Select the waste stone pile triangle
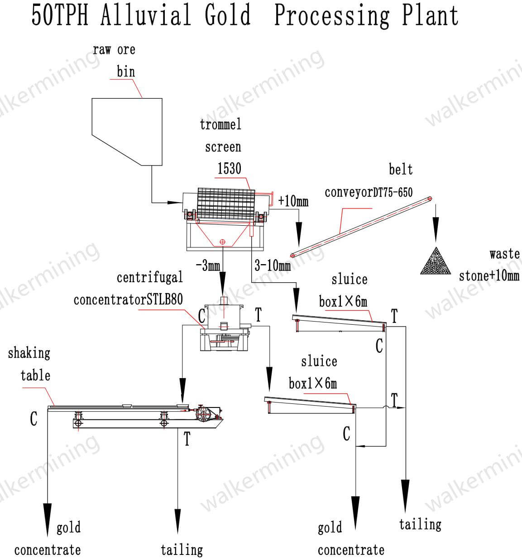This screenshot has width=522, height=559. [x=436, y=262]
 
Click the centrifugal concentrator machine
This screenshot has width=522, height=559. [x=224, y=328]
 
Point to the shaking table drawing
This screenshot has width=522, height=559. [x=136, y=414]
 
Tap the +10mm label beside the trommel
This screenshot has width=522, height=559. [x=293, y=200]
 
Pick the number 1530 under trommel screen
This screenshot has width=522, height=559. [x=230, y=169]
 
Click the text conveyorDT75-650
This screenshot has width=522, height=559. [x=369, y=192]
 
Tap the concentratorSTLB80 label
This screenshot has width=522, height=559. [x=128, y=299]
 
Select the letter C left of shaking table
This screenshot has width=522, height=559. [x=34, y=419]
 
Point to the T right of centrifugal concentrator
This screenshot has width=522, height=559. [x=258, y=314]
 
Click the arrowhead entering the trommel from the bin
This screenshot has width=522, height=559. [x=174, y=202]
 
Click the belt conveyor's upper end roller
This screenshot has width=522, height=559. [x=430, y=198]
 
